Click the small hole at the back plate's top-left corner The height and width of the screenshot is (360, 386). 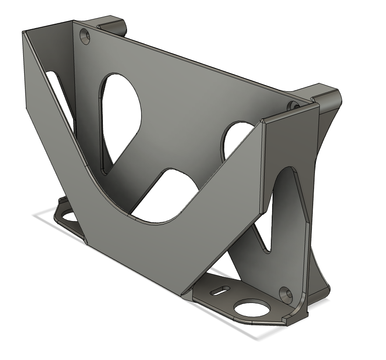pos(85,36)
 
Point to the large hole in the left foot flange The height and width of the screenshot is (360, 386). pos(68,215)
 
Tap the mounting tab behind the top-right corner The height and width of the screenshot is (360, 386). pos(324,96)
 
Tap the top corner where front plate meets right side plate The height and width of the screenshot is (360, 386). pos(262,120)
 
